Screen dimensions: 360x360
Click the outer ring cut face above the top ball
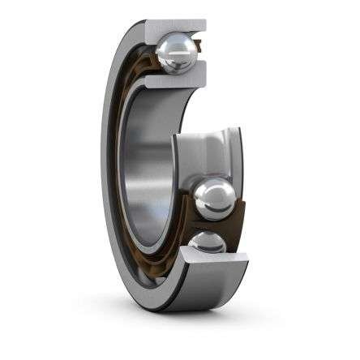(x=174, y=26)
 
